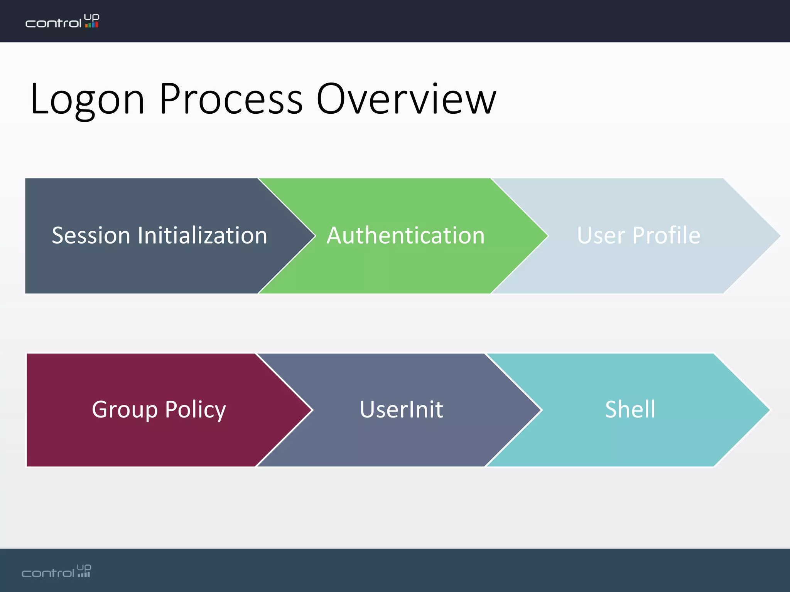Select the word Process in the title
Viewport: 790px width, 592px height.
coord(231,99)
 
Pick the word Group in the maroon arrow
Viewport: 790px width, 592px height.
coord(125,409)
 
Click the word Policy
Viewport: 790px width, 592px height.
coord(195,409)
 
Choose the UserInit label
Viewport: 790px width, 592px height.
coord(401,409)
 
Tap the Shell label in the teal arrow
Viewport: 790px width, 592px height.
coord(630,409)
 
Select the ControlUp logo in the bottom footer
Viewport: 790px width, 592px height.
coord(56,571)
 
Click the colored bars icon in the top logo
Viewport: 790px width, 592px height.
coord(92,25)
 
